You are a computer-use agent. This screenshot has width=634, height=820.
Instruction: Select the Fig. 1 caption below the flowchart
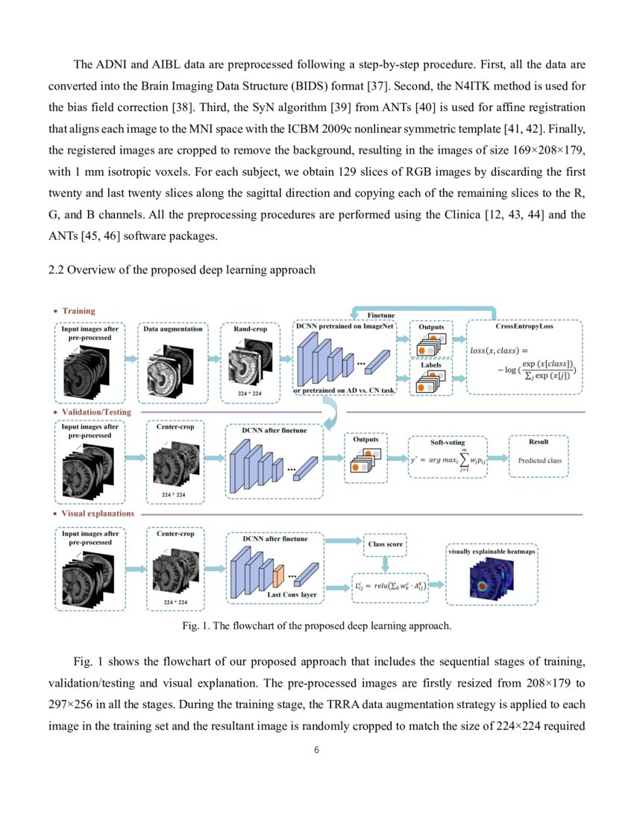[316, 625]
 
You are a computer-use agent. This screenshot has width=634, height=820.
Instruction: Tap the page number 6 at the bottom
[317, 749]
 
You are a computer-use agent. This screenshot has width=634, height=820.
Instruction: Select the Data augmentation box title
[173, 328]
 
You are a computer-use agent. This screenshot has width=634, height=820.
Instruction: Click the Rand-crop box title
[250, 328]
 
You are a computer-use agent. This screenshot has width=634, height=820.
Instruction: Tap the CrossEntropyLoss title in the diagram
[524, 327]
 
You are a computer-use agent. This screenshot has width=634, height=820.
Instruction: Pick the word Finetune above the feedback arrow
[382, 315]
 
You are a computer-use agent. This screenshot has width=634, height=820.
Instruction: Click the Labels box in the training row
[430, 365]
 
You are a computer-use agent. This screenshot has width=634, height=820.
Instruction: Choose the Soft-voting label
[448, 443]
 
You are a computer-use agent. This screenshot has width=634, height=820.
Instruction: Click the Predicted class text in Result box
[539, 461]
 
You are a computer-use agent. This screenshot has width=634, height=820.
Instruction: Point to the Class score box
[386, 544]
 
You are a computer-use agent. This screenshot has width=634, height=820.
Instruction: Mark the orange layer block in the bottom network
[279, 575]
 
